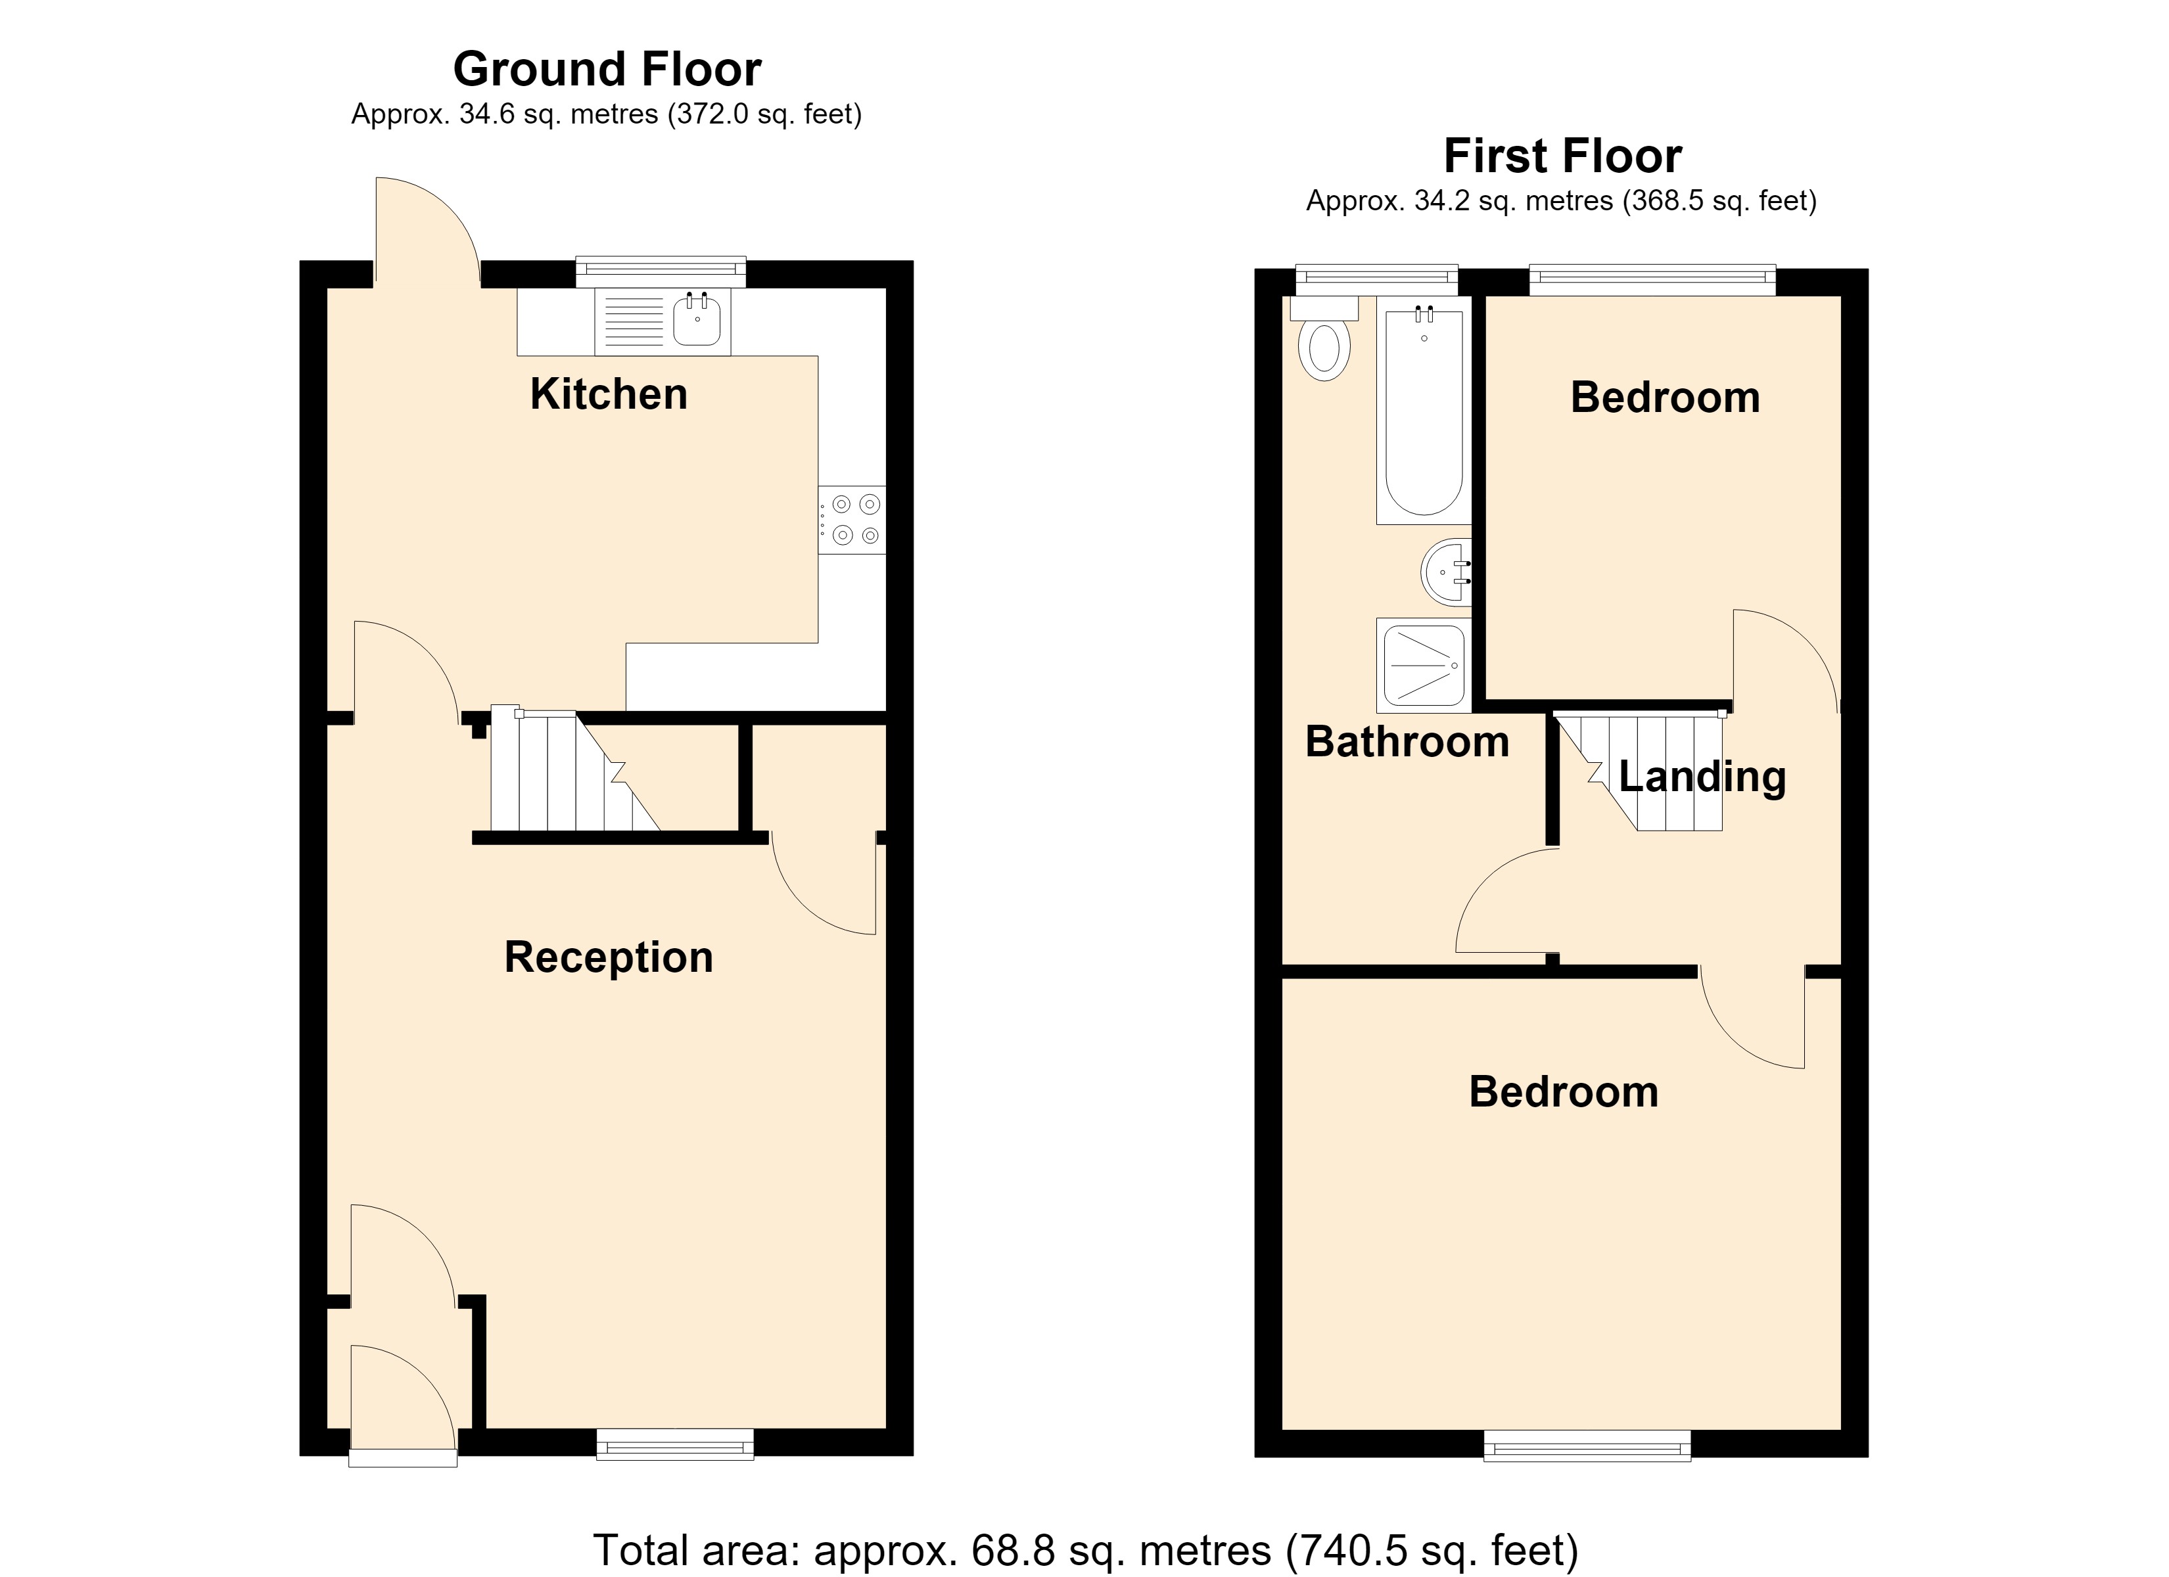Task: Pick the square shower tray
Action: tap(1424, 665)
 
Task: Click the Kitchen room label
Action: tap(608, 394)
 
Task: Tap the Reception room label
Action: tap(608, 957)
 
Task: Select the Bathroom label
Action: tap(1407, 742)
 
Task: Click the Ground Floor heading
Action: tap(607, 69)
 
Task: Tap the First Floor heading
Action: tap(1563, 156)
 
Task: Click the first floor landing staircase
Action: tap(1640, 770)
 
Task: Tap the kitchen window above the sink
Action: tap(661, 271)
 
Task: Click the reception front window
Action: tap(675, 1444)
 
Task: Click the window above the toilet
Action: tap(1377, 279)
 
